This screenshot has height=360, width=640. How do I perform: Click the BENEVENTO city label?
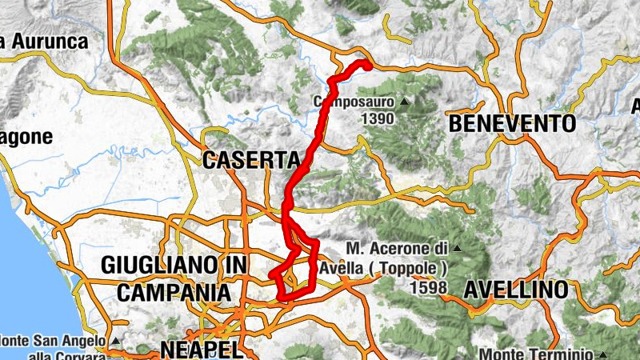click(x=512, y=124)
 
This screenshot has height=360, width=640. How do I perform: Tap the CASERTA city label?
click(x=250, y=160)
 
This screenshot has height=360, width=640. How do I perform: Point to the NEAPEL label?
click(x=201, y=349)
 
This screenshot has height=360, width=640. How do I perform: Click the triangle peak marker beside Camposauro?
click(x=405, y=102)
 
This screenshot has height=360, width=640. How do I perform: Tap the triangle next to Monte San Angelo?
click(x=115, y=341)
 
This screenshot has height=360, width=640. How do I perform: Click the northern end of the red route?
click(x=368, y=64)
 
